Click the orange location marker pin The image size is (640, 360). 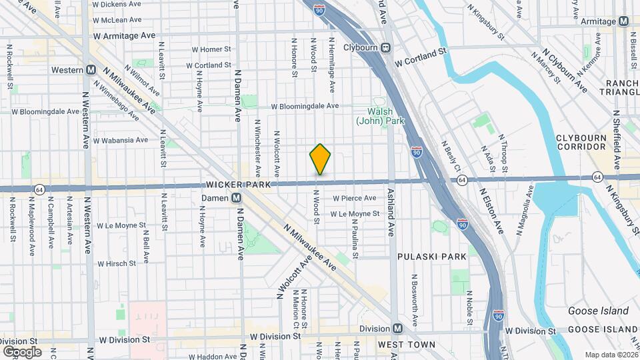pyautogui.click(x=321, y=159)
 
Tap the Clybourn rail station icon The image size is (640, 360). pyautogui.click(x=385, y=47)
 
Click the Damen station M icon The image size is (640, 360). pyautogui.click(x=236, y=198)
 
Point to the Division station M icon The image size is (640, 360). pyautogui.click(x=397, y=329)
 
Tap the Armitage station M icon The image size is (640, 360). pyautogui.click(x=623, y=21)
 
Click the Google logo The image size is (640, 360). pyautogui.click(x=22, y=351)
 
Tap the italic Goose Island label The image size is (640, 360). pyautogui.click(x=598, y=311)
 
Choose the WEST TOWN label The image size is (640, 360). pyautogui.click(x=406, y=345)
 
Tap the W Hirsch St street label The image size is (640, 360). pyautogui.click(x=117, y=264)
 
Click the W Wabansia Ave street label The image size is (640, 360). pyautogui.click(x=121, y=141)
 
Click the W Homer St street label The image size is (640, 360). pyautogui.click(x=211, y=49)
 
